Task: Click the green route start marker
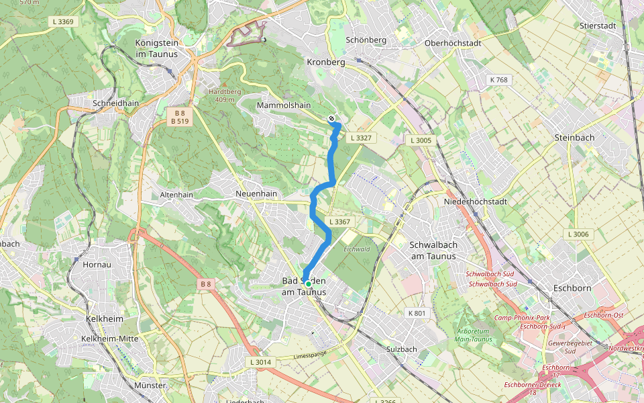coord(308,284)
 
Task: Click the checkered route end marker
coord(331,119)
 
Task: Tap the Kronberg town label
coord(325,62)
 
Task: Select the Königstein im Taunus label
coord(156,48)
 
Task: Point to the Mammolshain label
coord(284,105)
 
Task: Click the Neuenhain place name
coord(256,193)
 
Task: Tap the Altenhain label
coord(176,195)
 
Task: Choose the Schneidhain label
coord(115,104)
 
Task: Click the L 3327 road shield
coord(360,138)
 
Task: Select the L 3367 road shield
coord(340,222)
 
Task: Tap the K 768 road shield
coord(499,80)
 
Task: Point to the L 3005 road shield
coord(421,140)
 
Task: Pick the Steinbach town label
coord(574,137)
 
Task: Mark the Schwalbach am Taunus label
coord(433,250)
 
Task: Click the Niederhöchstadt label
coord(476,201)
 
